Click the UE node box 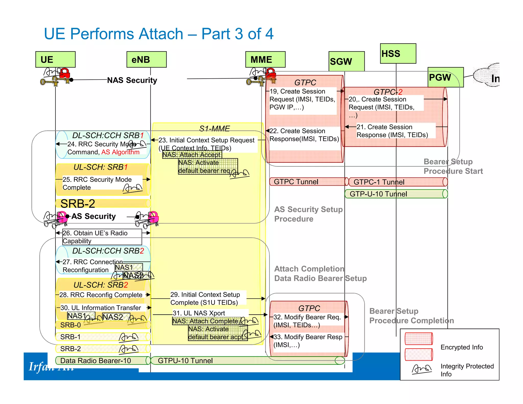coord(55,60)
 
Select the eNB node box coord(147,60)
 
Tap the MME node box coord(265,60)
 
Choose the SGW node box coord(347,61)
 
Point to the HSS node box coord(398,54)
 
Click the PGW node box coord(445,77)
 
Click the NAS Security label coord(132,80)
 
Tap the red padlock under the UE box coord(65,73)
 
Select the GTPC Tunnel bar coord(308,182)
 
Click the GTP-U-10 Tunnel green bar coord(396,194)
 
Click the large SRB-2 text coord(78,204)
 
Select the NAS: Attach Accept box coord(192,155)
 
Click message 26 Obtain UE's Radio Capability coord(102,237)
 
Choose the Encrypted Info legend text coord(461,347)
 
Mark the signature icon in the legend coord(422,369)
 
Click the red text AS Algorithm coord(120,152)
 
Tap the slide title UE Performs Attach coord(159,34)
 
